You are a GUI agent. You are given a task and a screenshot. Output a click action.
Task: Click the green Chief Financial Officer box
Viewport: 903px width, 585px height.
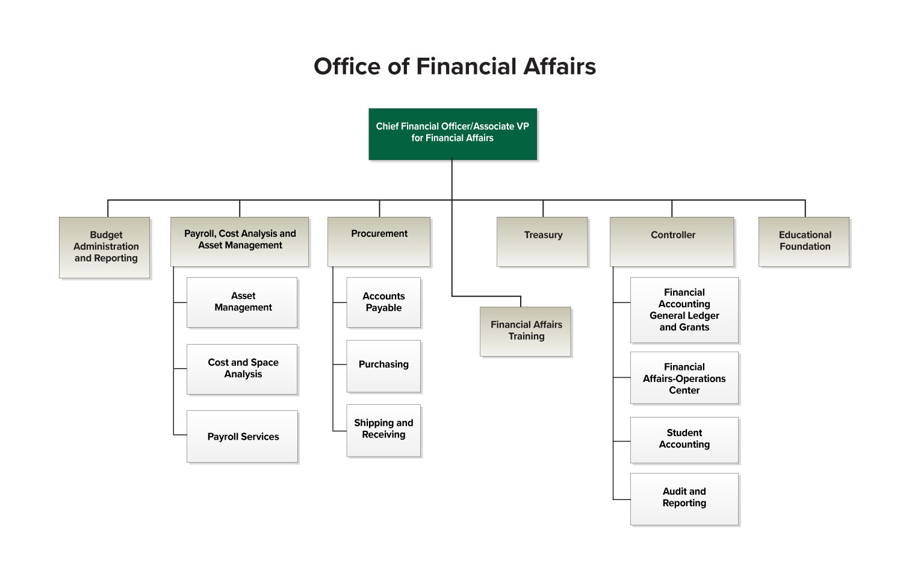point(452,133)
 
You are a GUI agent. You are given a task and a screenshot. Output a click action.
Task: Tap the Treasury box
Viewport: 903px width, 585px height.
point(542,241)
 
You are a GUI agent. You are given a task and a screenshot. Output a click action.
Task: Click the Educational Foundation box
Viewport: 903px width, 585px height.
point(804,241)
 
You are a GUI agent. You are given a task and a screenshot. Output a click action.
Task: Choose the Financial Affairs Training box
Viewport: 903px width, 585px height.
point(526,331)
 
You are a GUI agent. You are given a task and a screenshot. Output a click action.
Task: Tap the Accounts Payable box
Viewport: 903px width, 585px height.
point(383,302)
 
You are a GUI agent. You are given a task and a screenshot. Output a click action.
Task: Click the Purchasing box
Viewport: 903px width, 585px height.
point(383,365)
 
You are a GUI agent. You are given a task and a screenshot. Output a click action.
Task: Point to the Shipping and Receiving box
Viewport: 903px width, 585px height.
point(383,429)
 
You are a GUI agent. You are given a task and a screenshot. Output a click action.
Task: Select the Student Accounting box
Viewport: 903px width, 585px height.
point(684,439)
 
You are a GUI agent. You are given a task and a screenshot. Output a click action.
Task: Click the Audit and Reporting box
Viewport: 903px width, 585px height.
point(684,498)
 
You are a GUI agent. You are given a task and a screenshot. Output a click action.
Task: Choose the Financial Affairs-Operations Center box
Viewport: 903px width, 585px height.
point(684,378)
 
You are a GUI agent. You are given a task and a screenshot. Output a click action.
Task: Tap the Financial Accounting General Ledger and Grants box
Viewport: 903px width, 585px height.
point(684,310)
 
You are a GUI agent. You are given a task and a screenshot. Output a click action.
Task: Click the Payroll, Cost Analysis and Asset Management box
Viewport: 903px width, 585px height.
point(240,240)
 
